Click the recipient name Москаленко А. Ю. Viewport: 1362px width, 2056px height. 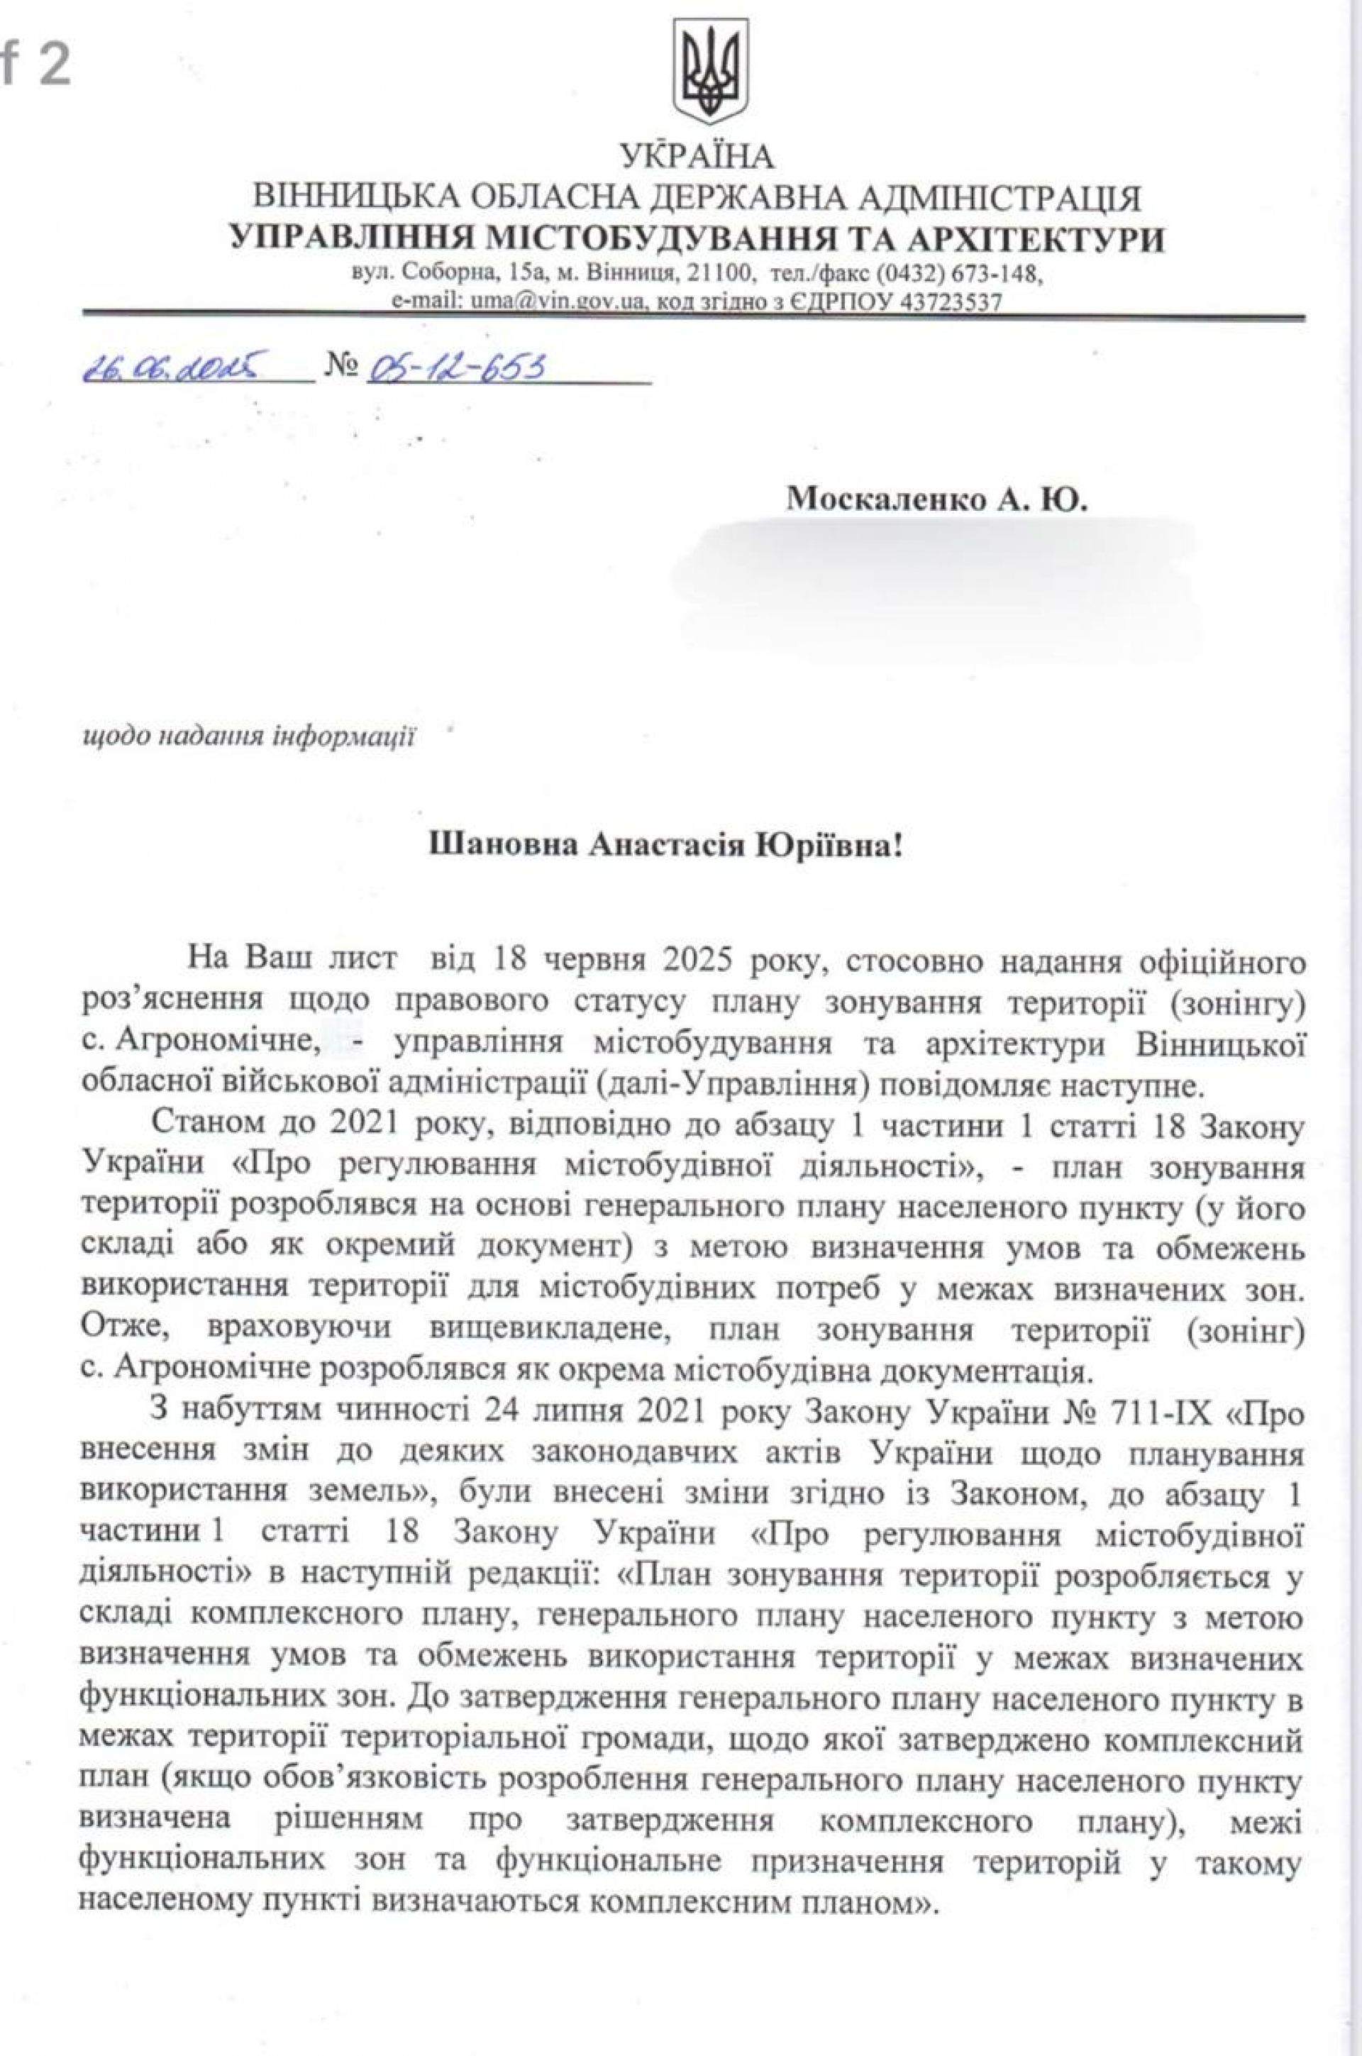pyautogui.click(x=936, y=499)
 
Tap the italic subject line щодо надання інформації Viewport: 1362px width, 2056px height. pyautogui.click(x=247, y=736)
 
